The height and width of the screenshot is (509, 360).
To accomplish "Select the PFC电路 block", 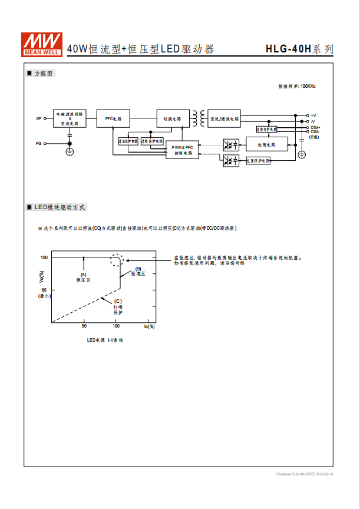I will click(113, 118).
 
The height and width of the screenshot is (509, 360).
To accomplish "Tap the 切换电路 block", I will click(172, 118).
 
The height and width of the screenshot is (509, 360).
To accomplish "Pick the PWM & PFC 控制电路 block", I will click(183, 150).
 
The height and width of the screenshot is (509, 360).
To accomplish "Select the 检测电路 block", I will click(266, 144).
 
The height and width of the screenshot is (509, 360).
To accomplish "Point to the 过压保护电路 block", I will click(258, 160).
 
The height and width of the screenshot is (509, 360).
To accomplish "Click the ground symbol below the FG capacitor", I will click(70, 152).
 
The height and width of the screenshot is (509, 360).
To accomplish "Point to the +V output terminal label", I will click(313, 115).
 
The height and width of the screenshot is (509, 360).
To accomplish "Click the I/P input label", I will click(39, 118).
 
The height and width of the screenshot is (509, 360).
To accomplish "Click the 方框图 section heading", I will click(44, 74).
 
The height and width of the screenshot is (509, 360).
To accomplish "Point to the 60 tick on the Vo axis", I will click(44, 290).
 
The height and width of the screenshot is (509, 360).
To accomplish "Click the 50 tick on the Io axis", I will click(84, 326).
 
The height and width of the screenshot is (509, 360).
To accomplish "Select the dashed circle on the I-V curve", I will click(117, 260).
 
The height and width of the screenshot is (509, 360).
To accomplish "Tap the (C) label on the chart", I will click(118, 301).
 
